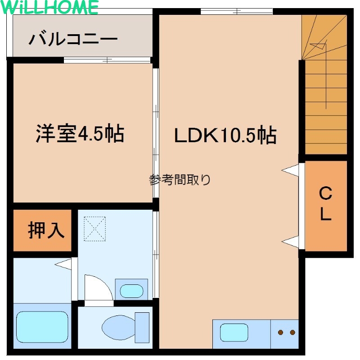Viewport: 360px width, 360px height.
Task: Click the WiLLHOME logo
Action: (x=49, y=7)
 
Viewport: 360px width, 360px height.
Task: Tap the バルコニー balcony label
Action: (x=73, y=39)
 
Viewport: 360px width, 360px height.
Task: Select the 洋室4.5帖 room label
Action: (x=80, y=133)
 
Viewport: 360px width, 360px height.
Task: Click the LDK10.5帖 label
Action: (x=225, y=135)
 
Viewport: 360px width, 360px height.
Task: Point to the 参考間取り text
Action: (x=180, y=180)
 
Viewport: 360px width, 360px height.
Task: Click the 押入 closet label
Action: (x=46, y=230)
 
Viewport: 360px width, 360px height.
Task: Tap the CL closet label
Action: (x=325, y=203)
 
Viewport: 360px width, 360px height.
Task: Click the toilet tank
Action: (x=142, y=328)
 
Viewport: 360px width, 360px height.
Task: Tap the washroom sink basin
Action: (x=131, y=291)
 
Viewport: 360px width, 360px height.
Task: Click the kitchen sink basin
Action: (x=234, y=333)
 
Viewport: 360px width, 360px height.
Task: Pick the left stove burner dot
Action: (x=280, y=332)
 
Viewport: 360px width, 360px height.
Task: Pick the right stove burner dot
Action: (x=292, y=332)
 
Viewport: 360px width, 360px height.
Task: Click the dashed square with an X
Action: (x=94, y=229)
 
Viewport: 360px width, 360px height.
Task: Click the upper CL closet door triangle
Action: (x=290, y=170)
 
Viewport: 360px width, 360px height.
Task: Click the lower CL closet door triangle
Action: (x=290, y=242)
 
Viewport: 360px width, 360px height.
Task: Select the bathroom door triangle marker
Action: (x=63, y=264)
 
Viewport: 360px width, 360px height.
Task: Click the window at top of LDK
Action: (x=237, y=11)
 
